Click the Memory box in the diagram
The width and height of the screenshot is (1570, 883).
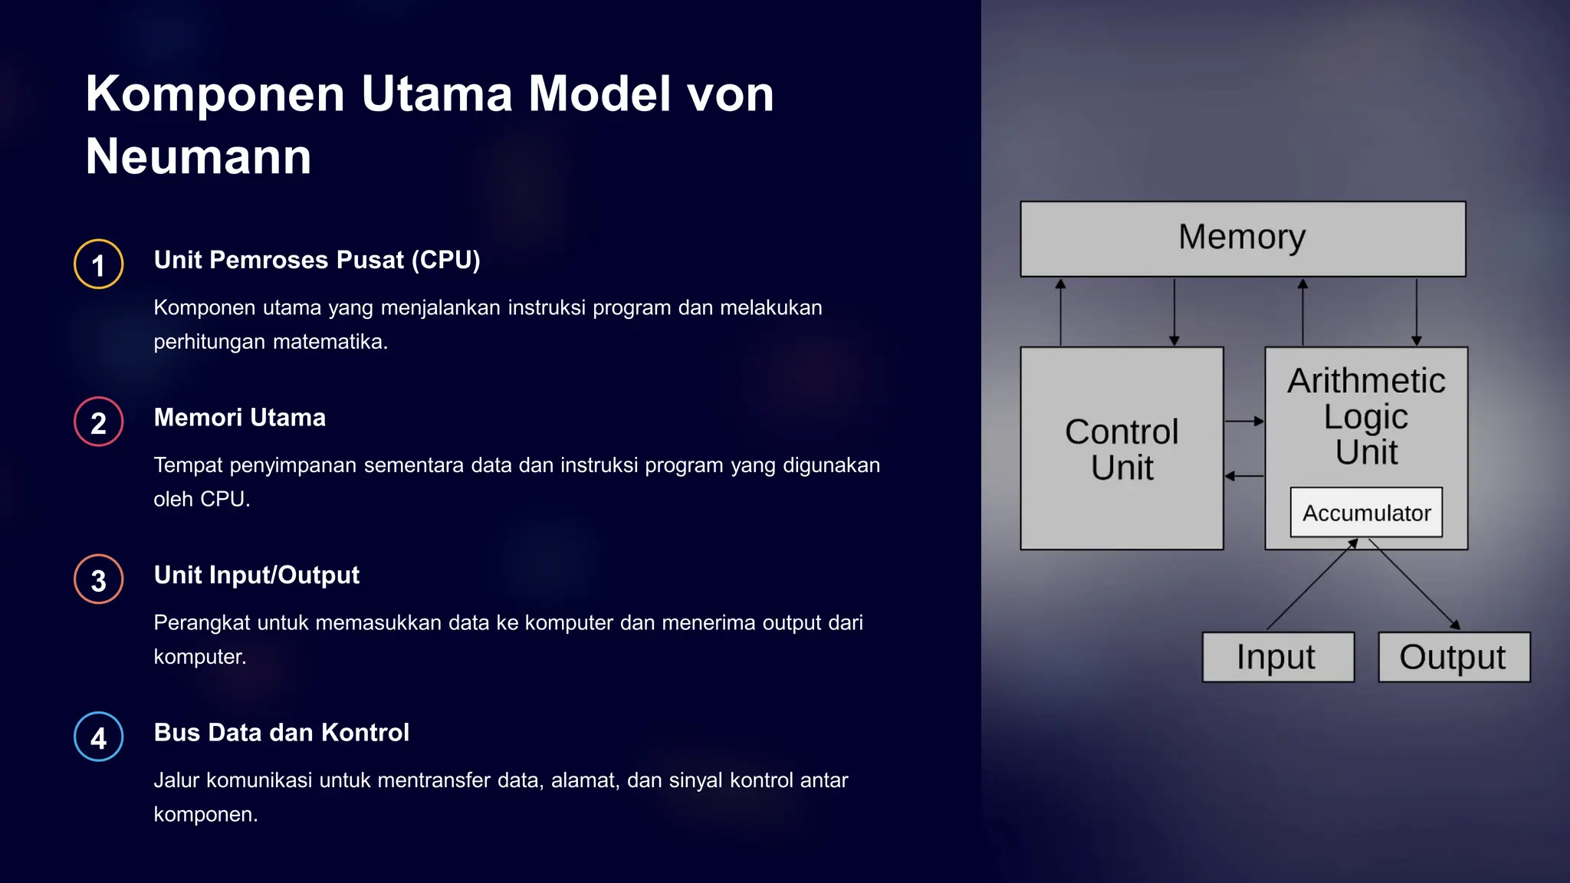[1243, 238]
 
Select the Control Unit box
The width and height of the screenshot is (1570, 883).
[1122, 449]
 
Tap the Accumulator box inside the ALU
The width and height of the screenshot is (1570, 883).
[1366, 513]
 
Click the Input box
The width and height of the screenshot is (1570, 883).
[1277, 657]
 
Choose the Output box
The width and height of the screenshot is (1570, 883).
[1453, 657]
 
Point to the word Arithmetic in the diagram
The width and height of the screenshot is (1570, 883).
[1366, 381]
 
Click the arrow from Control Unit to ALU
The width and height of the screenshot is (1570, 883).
[1243, 421]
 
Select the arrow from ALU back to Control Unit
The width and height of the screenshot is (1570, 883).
[1243, 476]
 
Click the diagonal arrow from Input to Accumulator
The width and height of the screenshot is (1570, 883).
[1312, 584]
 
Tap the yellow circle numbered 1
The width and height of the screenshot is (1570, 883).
[99, 264]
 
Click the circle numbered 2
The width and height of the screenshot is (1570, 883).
[99, 422]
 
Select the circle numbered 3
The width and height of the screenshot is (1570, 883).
[99, 579]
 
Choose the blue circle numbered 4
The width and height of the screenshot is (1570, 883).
[99, 737]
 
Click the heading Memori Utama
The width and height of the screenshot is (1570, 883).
[240, 418]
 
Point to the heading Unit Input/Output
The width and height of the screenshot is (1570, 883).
[257, 575]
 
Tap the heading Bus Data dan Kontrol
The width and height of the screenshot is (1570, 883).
[281, 733]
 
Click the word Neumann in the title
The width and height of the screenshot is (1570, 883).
[199, 157]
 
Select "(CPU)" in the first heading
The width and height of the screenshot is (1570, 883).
[445, 261]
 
